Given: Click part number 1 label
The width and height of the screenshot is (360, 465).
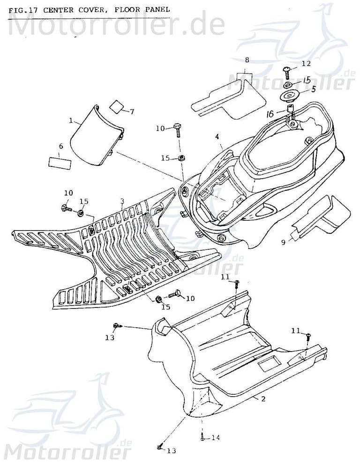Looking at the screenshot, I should click(x=71, y=120).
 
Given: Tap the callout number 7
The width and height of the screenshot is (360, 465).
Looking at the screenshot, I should click(x=132, y=112).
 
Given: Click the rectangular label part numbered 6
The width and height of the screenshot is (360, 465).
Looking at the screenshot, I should click(x=60, y=163).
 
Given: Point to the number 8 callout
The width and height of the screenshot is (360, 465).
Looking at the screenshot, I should click(x=247, y=60).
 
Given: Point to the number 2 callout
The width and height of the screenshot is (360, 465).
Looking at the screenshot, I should click(x=263, y=399).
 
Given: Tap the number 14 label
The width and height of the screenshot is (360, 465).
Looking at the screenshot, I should click(x=215, y=438).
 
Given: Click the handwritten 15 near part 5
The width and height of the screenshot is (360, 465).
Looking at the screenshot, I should click(x=306, y=80).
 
